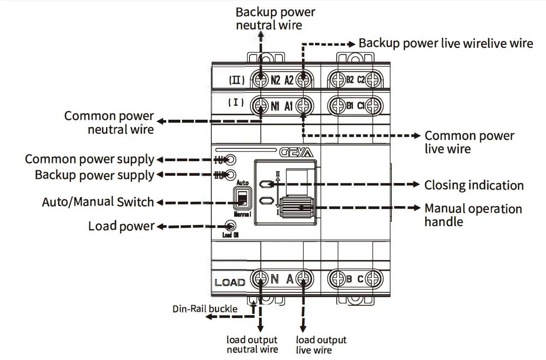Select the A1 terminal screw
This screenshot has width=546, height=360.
pos(304,106)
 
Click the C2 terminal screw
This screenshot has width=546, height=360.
pos(374,80)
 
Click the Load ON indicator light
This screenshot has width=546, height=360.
pos(230,226)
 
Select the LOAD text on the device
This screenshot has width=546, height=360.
pos(230,282)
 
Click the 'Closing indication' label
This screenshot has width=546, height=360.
pos(474,185)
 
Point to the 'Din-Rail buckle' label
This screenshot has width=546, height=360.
pos(205,309)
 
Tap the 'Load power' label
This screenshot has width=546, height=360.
pos(121,226)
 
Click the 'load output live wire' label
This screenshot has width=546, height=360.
pos(321,345)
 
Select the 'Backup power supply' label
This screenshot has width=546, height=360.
pos(94,175)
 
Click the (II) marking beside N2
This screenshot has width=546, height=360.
pos(236,80)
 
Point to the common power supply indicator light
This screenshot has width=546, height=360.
pos(230,160)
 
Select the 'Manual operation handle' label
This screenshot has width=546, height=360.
pos(473,215)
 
